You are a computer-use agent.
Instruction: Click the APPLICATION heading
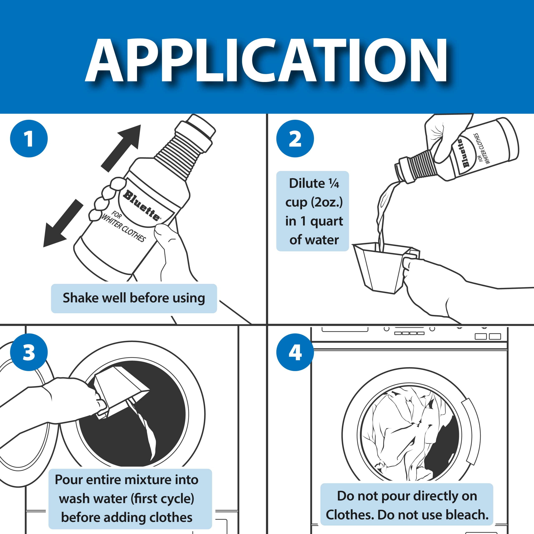266,60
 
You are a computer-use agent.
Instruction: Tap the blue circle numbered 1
29,139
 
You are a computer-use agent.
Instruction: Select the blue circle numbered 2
295,139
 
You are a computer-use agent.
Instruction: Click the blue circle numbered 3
29,352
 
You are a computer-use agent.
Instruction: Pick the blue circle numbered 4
295,352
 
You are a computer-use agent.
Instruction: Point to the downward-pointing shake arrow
63,223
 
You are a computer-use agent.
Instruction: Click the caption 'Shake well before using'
134,298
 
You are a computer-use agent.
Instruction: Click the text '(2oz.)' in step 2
327,202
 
